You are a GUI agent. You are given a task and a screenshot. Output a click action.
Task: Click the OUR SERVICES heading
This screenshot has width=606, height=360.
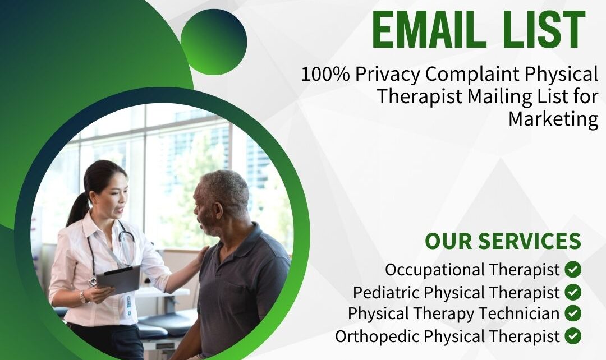[503, 241]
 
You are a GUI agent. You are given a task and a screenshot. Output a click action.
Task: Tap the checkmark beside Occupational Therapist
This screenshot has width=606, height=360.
[573, 269]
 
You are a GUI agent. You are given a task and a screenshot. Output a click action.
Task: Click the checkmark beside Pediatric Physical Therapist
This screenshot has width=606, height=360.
[573, 292]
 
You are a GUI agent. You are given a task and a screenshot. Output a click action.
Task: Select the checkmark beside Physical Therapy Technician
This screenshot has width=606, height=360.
[573, 313]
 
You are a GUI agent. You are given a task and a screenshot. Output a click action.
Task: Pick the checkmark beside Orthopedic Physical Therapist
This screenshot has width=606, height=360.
[573, 336]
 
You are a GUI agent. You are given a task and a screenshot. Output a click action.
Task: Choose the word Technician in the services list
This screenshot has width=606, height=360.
[519, 313]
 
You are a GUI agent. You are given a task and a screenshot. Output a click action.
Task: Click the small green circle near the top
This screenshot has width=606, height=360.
[214, 42]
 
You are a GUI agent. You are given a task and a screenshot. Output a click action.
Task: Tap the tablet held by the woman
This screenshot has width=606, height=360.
[118, 280]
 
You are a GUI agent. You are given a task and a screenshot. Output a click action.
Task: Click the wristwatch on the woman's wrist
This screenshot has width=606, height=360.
[82, 297]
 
